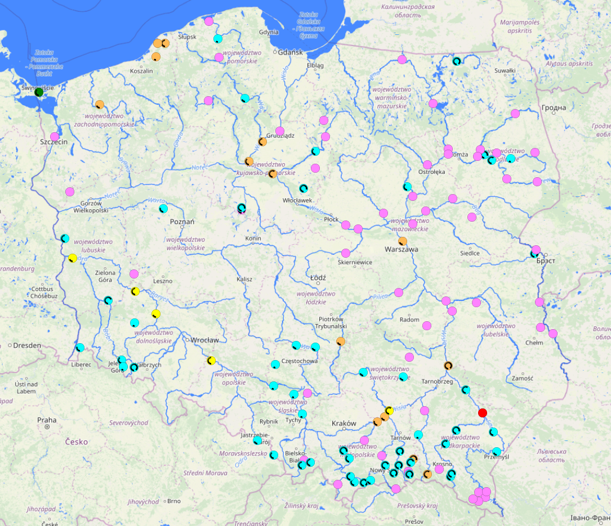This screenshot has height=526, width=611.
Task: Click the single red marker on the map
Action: point(482,413)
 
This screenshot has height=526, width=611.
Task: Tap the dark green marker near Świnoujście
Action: point(39,92)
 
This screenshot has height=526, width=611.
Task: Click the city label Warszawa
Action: point(402,249)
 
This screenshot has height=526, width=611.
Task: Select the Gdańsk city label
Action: point(291,52)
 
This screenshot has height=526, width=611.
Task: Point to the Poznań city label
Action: point(182,222)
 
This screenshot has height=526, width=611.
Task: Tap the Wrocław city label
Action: point(204,340)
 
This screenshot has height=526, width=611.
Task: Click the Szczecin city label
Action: point(54,142)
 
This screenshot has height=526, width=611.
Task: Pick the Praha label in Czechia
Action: point(47,420)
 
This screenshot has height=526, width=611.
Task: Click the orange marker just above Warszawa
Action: point(403,241)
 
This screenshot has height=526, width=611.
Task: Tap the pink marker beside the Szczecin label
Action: point(55,136)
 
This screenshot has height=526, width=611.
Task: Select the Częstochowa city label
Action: point(300,361)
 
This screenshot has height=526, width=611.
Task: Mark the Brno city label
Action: point(173,501)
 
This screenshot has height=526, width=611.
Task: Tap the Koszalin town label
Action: point(141,71)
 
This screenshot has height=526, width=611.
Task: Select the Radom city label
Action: point(409,320)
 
